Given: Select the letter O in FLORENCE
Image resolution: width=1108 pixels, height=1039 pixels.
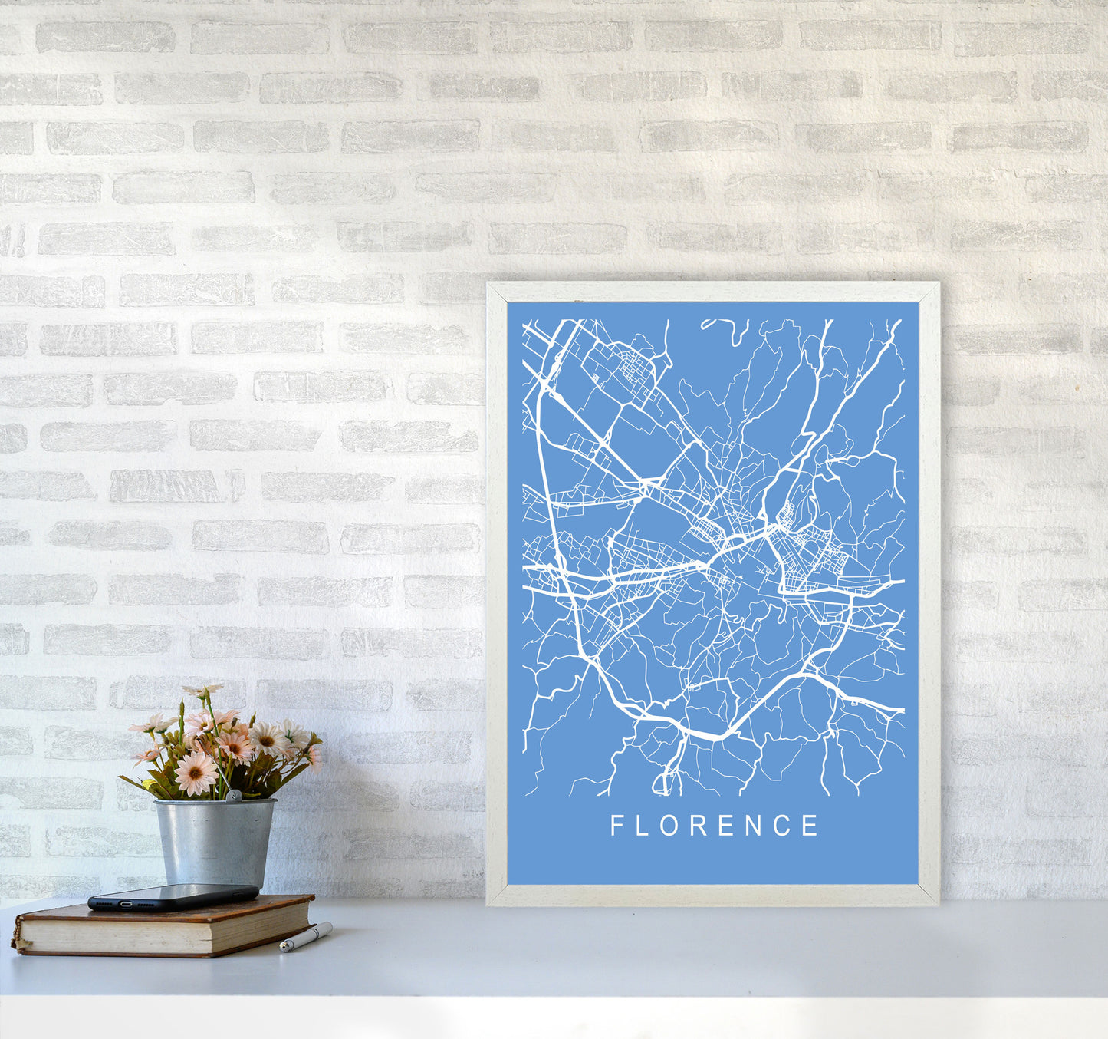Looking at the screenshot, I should pos(673,826).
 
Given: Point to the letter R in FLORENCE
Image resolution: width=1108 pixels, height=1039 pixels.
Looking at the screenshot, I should pos(703,826).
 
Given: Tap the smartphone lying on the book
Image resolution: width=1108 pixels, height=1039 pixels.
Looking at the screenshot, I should pos(173,896).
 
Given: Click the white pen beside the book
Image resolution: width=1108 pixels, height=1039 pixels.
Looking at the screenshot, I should pos(305,938).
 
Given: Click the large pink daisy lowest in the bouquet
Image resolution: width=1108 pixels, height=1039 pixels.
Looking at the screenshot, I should pos(196,773).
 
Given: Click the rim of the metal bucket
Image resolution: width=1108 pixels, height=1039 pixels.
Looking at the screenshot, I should pos(215,803).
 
